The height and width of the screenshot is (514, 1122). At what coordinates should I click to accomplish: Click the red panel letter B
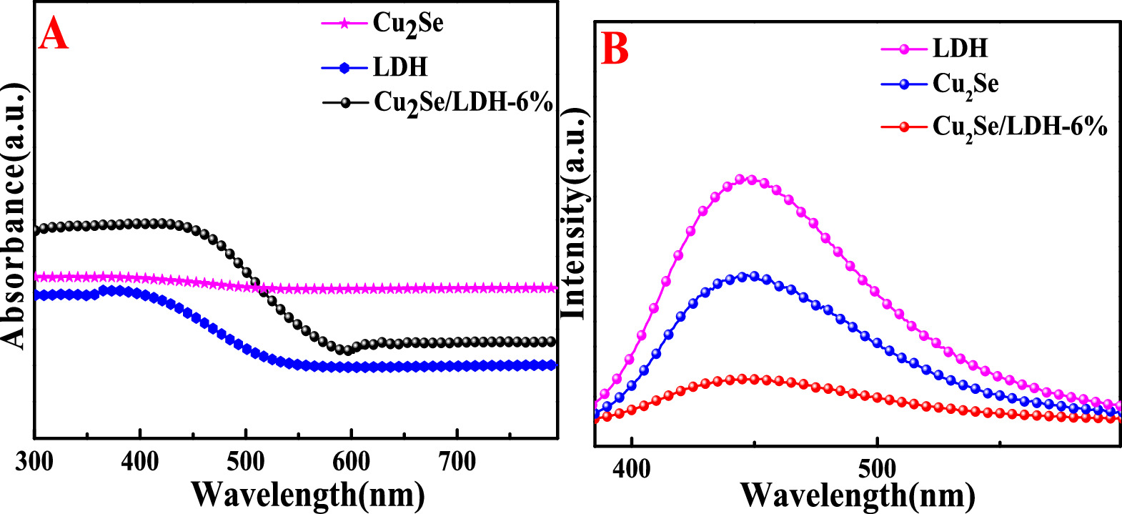615,49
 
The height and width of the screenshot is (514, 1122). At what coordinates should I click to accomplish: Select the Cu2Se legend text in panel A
407,24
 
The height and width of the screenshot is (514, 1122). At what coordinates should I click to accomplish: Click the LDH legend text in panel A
399,67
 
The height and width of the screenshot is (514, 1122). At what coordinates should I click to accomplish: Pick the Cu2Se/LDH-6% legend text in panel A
463,104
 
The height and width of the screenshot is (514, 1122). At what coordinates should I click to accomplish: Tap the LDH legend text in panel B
960,49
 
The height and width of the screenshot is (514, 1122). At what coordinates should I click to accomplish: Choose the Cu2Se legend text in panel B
965,85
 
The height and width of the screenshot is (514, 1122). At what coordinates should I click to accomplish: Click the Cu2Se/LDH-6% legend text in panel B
1020,128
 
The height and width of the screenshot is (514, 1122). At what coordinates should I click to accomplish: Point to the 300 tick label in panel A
34,462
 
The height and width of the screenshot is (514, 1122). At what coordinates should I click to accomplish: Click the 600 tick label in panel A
351,462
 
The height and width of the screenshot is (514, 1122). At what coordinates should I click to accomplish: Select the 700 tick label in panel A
457,462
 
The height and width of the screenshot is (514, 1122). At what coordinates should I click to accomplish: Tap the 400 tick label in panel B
632,470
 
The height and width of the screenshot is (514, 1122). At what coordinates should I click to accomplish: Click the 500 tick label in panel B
877,470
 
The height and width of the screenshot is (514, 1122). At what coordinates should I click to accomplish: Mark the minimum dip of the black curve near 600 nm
348,350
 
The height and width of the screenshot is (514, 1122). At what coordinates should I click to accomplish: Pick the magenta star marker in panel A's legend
344,24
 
